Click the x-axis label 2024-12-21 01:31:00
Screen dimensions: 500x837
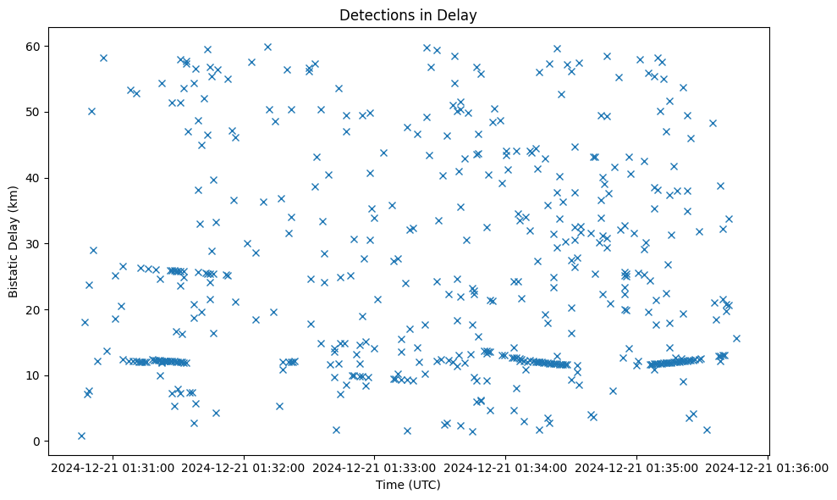[113, 467]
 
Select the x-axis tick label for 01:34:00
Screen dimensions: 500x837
[506, 467]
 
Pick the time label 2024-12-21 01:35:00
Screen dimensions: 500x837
[637, 467]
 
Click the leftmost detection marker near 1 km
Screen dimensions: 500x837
[81, 436]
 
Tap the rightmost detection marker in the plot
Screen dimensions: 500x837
[736, 338]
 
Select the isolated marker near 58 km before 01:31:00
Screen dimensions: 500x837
[103, 58]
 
